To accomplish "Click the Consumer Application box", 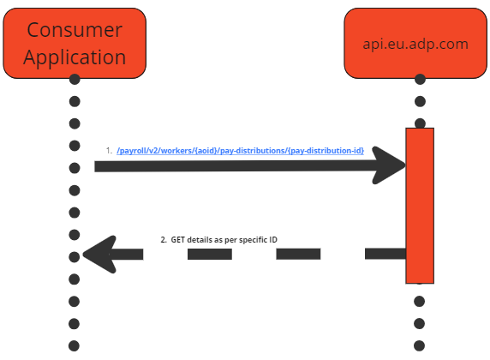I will [x=75, y=42].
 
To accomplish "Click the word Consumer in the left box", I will [x=75, y=29].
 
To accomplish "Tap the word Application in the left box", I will [x=75, y=57].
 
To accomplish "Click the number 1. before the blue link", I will [x=109, y=151].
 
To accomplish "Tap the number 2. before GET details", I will [x=164, y=239].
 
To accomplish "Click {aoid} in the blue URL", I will [x=206, y=151].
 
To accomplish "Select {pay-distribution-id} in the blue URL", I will [x=326, y=151].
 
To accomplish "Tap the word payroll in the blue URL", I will [x=133, y=151].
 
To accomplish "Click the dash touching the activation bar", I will [x=385, y=254].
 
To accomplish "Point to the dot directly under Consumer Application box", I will [x=75, y=80].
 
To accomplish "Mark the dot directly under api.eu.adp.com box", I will [x=420, y=80].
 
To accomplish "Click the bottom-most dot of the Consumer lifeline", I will [x=75, y=345].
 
